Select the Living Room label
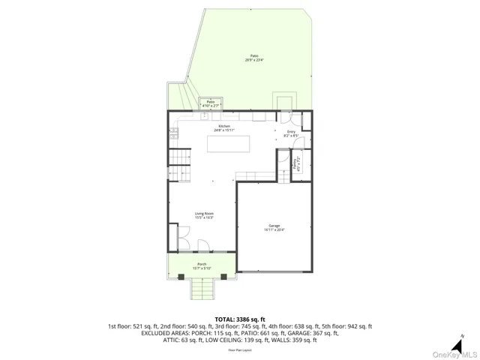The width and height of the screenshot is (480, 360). [x=205, y=216]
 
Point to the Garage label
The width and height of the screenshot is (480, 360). [x=274, y=228]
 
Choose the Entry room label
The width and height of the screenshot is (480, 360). [x=291, y=133]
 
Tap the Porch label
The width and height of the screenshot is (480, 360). [x=202, y=266]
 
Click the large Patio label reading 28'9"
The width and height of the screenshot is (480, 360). [x=255, y=58]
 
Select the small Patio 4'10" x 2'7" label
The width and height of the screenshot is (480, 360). [x=211, y=104]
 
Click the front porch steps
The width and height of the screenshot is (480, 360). [x=202, y=288]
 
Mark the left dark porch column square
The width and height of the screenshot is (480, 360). [x=183, y=277]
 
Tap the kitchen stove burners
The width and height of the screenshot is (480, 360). [x=174, y=134]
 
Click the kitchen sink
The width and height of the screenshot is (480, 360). [x=205, y=116]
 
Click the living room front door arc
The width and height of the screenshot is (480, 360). [x=203, y=245]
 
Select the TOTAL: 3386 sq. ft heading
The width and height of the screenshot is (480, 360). [x=240, y=319]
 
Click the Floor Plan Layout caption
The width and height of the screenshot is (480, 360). [x=240, y=349]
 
